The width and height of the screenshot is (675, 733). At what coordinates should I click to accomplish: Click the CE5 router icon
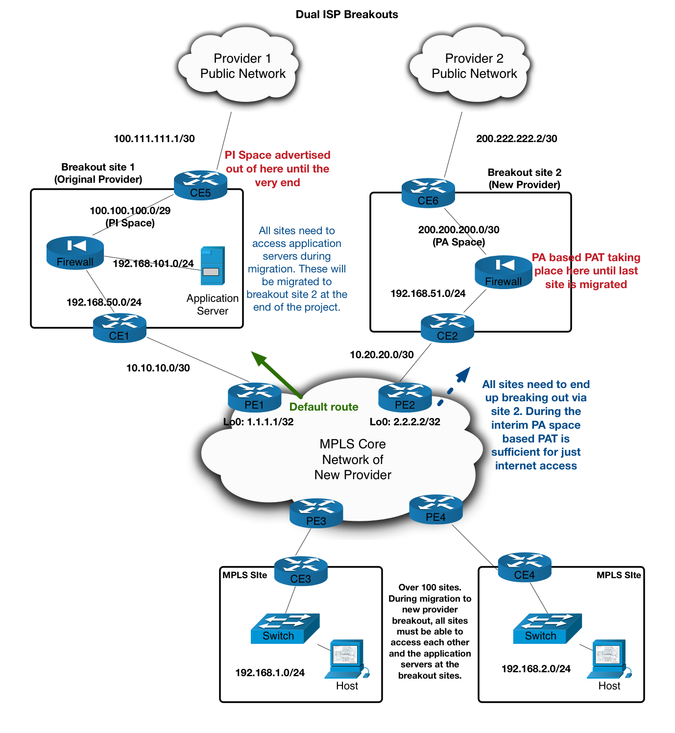(200, 185)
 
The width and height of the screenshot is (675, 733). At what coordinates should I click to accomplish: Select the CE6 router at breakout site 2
(428, 193)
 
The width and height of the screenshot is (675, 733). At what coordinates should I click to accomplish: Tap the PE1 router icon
(254, 397)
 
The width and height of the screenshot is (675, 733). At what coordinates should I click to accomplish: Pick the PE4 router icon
(435, 509)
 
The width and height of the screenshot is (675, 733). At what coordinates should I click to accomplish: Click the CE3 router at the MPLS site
(301, 571)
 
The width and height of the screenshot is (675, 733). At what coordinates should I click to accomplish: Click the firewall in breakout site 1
(75, 253)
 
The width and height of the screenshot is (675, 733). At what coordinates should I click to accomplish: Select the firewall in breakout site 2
(503, 272)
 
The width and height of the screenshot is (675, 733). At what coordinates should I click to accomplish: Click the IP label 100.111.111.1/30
(154, 139)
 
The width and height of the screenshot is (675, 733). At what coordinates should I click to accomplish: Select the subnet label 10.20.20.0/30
(382, 355)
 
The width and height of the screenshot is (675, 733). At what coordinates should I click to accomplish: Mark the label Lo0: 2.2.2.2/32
(405, 422)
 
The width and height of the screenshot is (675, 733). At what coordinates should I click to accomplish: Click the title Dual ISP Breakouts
(347, 15)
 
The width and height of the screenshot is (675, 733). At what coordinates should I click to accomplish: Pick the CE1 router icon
(120, 328)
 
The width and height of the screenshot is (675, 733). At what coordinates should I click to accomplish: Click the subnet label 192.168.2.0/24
(536, 669)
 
